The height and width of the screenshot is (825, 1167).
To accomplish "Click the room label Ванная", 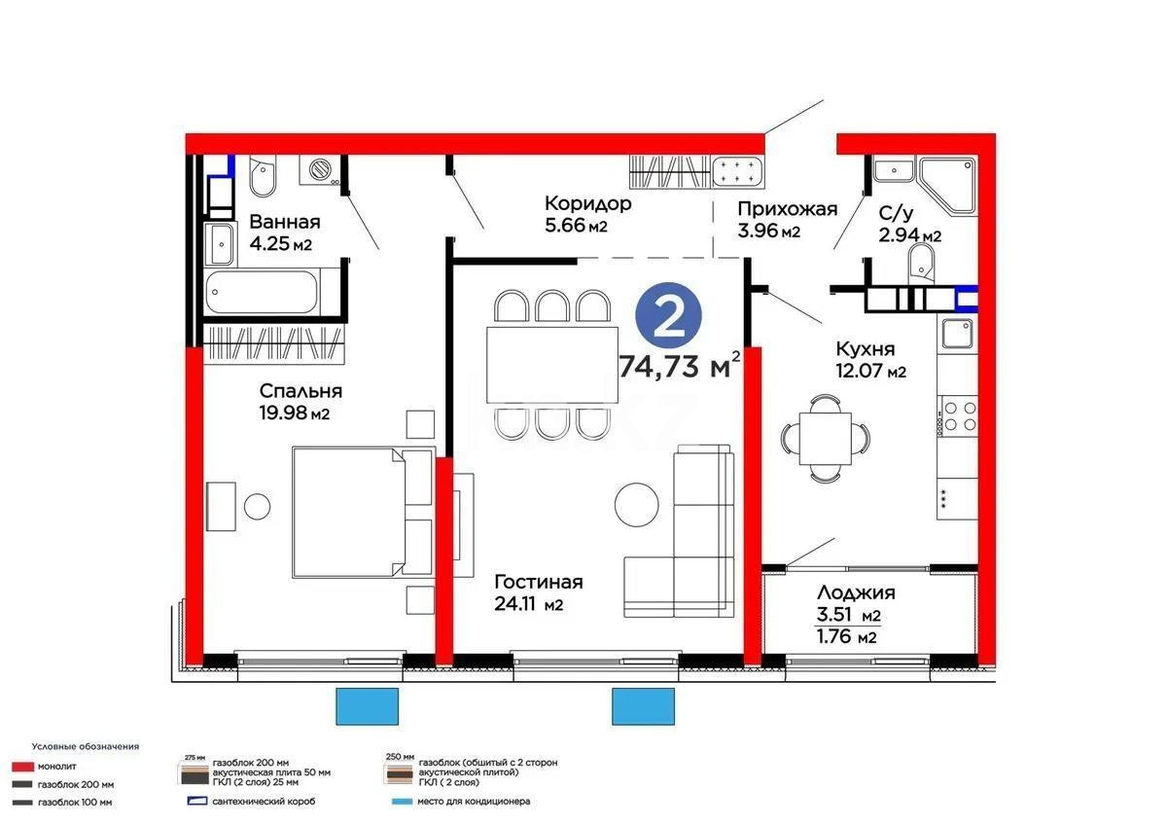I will click(285, 220).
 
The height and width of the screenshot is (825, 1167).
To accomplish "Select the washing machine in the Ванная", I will click(321, 169).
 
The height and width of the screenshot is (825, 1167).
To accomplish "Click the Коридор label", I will click(588, 203).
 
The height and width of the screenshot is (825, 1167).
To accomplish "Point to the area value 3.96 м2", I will click(768, 232).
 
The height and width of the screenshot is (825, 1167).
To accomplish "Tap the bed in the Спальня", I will click(360, 511).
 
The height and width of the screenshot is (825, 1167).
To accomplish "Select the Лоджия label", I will click(856, 592).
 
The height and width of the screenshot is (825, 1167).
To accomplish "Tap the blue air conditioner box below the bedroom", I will click(368, 705).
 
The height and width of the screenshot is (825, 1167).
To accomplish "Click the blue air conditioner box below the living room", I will click(643, 705).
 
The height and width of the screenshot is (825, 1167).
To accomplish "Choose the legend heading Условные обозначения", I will click(85, 746).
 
